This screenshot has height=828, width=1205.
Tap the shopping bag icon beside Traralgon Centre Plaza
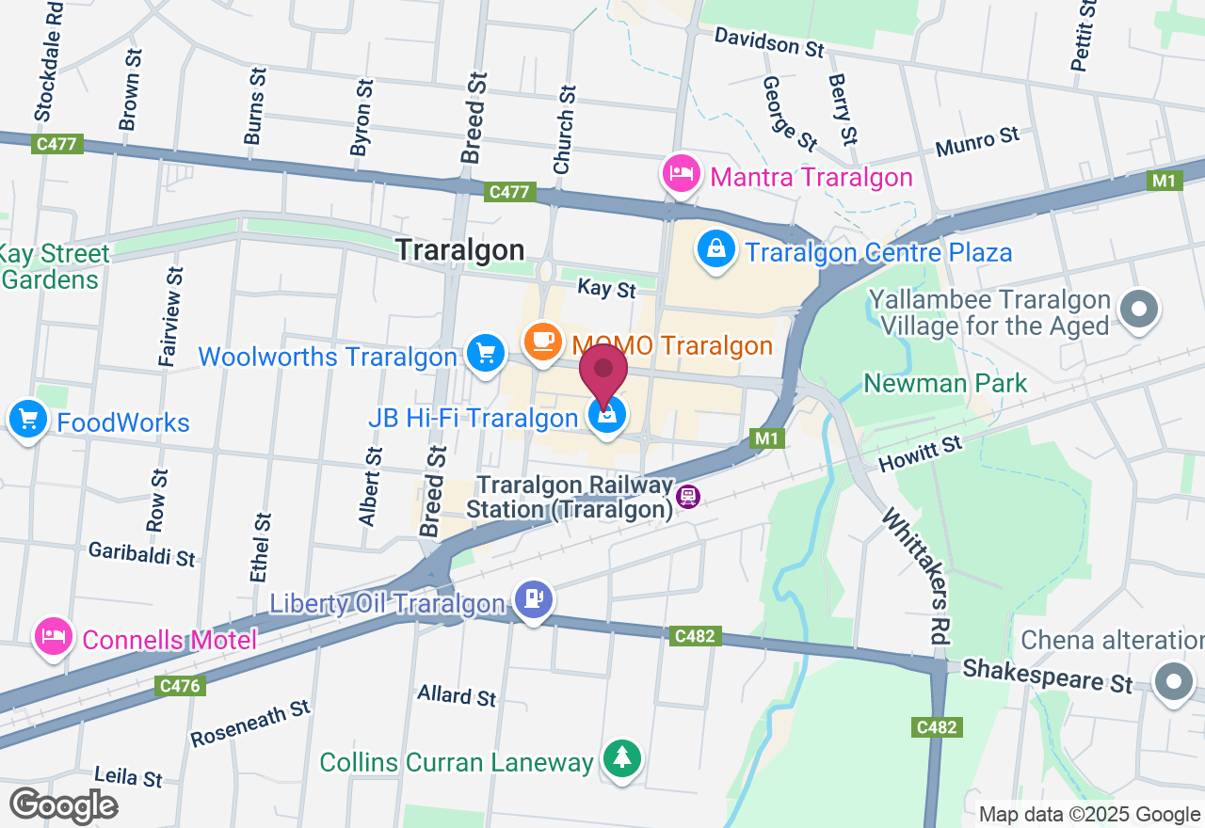coord(716,249)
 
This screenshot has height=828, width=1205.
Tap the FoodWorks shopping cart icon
coord(27,420)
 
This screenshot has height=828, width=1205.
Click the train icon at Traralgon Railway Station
coord(689,496)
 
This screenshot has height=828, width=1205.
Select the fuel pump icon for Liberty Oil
coord(534,599)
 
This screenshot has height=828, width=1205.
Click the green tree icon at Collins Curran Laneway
coord(620,758)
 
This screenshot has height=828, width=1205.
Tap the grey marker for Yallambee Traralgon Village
coord(1139,309)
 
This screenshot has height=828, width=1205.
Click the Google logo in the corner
coord(64,805)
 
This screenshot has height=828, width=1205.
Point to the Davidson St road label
coord(769,42)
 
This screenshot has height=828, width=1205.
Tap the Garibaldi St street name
coord(142,553)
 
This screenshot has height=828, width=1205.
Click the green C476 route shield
coord(180,686)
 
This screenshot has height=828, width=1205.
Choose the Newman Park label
coord(945,383)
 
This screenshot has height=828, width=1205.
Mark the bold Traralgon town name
coord(459,249)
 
